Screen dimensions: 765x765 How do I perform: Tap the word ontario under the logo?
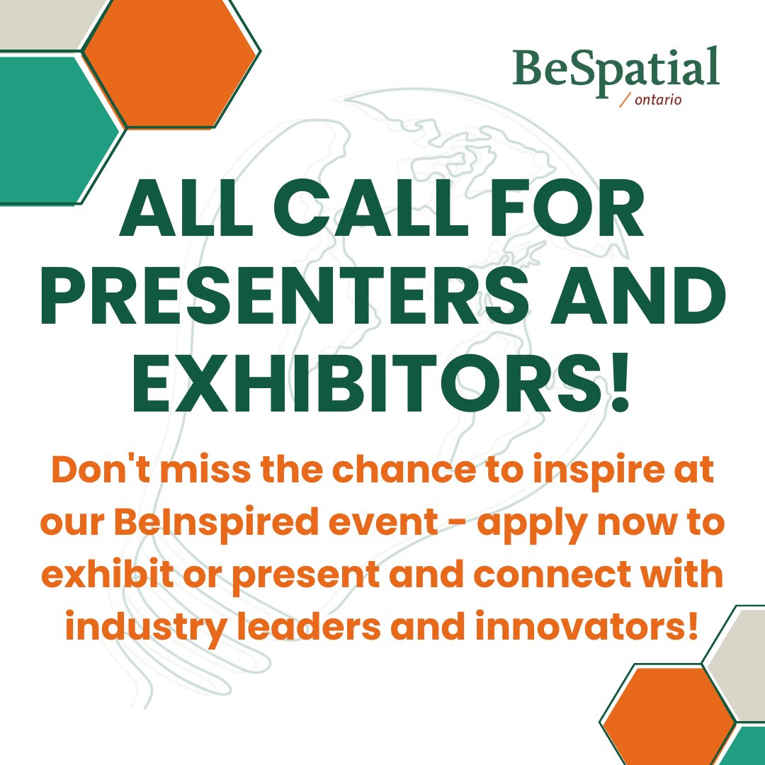click(658, 101)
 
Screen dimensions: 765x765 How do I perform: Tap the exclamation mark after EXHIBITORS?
click(619, 387)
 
